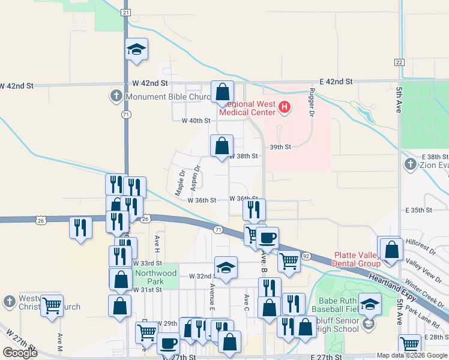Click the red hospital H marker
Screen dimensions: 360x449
click(x=285, y=108)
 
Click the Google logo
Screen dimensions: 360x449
click(x=20, y=353)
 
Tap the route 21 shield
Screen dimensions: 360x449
click(x=125, y=12)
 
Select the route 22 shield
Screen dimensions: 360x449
click(x=399, y=62)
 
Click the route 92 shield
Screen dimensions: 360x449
click(x=307, y=256)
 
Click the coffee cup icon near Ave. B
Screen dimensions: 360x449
click(x=268, y=238)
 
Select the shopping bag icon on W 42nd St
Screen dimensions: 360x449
click(x=222, y=92)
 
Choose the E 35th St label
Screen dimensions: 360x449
click(x=418, y=210)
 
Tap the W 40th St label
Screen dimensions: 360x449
click(x=196, y=121)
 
